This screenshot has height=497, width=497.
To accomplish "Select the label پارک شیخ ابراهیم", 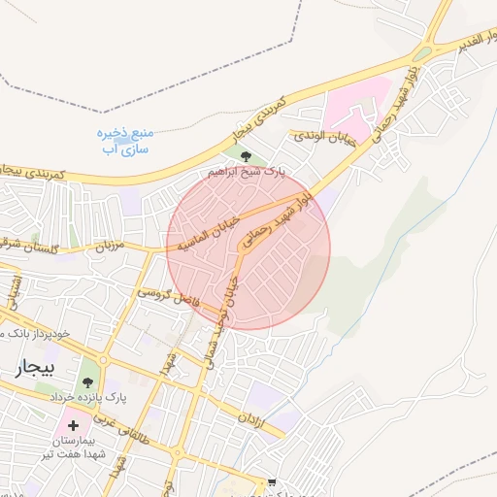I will point(248,172).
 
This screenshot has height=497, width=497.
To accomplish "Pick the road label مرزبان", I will point(113,247).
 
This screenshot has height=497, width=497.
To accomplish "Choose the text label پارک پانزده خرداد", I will point(104,398).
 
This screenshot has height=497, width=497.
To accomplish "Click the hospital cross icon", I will point(73,424).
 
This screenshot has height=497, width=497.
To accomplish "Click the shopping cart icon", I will point(272,482).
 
